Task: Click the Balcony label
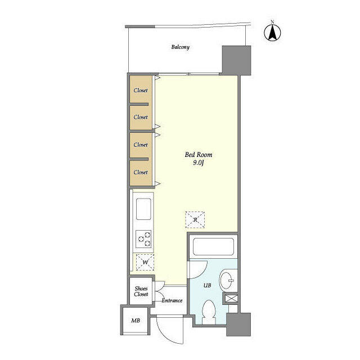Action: point(181,47)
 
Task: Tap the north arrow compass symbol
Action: point(272,33)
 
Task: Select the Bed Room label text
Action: point(199,155)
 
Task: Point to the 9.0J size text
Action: point(199,163)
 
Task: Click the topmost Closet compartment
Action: point(141,89)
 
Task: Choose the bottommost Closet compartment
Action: point(141,173)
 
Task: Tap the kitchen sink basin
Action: point(143,209)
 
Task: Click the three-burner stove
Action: point(143,239)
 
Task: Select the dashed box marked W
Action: point(145,262)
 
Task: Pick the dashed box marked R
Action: point(195,220)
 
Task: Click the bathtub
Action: point(214,247)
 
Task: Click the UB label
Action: point(208,285)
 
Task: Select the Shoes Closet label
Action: point(141,291)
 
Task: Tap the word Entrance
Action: point(172,300)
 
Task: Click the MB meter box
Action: point(136,321)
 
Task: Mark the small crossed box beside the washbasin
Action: point(231,299)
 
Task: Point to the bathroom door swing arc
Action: point(201,272)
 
